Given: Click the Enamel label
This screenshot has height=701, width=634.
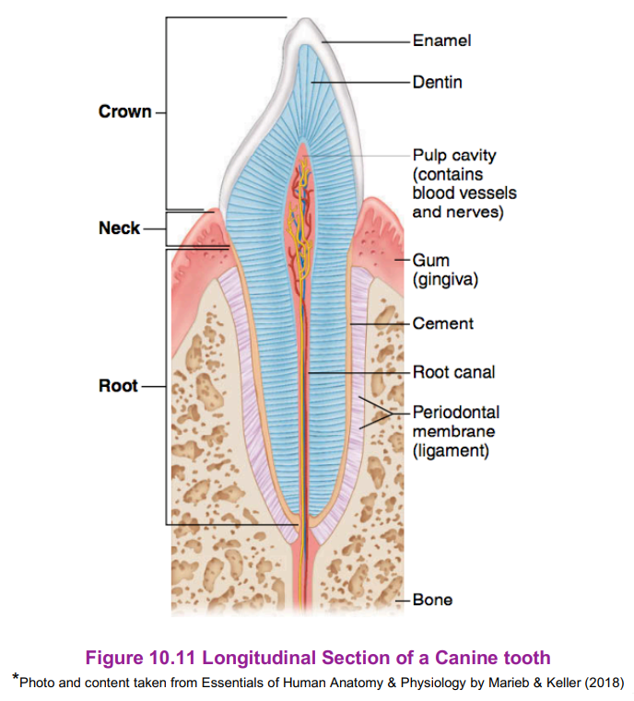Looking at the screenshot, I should pyautogui.click(x=441, y=41).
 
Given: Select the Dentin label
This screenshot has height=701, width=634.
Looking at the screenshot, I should pyautogui.click(x=437, y=82).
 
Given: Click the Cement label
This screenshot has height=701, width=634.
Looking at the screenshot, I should pyautogui.click(x=442, y=323).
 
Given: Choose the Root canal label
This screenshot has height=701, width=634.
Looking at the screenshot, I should pyautogui.click(x=453, y=372).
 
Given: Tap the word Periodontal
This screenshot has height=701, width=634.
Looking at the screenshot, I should pyautogui.click(x=455, y=413).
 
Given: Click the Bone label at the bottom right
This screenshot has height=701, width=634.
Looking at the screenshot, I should pyautogui.click(x=432, y=600).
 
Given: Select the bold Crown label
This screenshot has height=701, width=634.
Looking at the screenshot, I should pyautogui.click(x=124, y=111).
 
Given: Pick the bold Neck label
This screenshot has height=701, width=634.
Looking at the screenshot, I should pyautogui.click(x=119, y=228).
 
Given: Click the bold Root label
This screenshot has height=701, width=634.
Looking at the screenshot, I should pyautogui.click(x=118, y=386).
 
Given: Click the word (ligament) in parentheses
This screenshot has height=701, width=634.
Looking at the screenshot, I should pyautogui.click(x=450, y=451).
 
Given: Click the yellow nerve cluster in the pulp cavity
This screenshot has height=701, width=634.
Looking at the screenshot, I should pyautogui.click(x=298, y=221).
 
